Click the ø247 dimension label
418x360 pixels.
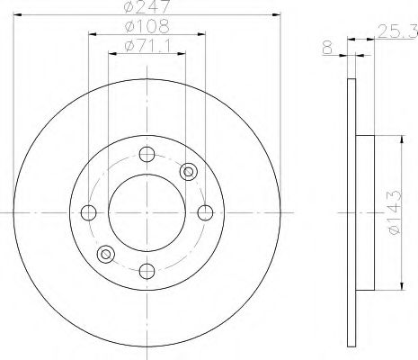click(x=147, y=6)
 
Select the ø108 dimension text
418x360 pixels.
click(x=147, y=26)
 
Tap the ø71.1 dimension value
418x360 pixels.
click(x=147, y=46)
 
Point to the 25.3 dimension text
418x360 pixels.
click(x=397, y=31)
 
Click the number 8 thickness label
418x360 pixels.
click(x=328, y=47)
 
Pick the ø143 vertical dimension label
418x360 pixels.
click(x=394, y=212)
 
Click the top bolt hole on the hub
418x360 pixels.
click(x=147, y=154)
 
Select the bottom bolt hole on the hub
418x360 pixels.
click(x=147, y=271)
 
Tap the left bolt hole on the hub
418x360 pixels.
click(x=89, y=212)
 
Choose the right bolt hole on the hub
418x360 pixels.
click(x=205, y=212)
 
